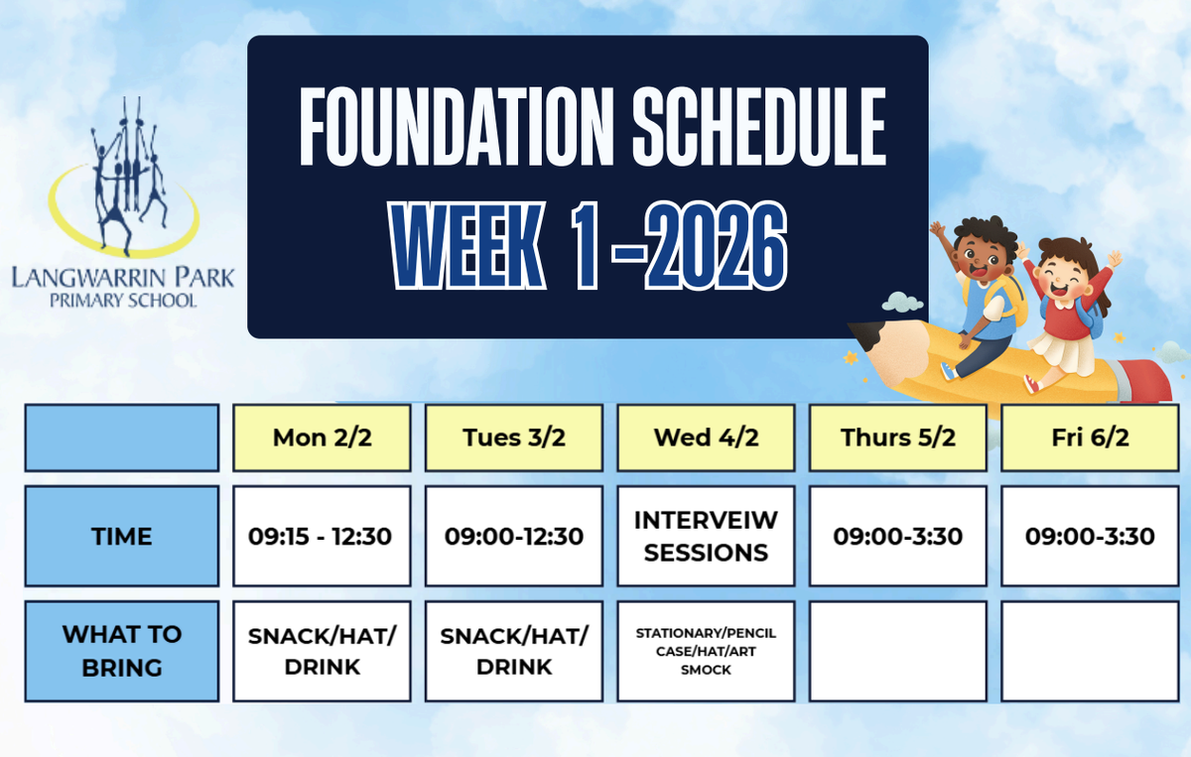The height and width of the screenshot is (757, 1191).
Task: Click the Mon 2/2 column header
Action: tap(322, 438)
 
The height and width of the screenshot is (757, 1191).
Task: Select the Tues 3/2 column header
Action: tap(514, 438)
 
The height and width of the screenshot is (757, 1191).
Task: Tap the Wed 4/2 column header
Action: tap(706, 438)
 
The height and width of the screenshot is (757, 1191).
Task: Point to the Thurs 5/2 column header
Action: tap(898, 438)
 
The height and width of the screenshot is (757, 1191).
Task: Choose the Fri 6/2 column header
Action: tap(1090, 438)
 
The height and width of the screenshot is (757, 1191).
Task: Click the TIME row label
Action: tap(122, 536)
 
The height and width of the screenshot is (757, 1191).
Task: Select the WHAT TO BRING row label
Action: tap(122, 651)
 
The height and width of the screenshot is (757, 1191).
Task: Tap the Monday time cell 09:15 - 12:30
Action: tap(322, 536)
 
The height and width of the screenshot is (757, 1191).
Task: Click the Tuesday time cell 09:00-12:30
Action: tap(514, 536)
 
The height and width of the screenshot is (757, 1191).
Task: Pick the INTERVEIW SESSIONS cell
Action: tap(706, 536)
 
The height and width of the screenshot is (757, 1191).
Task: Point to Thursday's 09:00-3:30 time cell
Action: tap(898, 536)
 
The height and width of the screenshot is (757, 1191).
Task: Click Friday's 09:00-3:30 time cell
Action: tap(1090, 536)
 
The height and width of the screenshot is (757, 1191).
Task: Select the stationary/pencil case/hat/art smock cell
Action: tap(706, 651)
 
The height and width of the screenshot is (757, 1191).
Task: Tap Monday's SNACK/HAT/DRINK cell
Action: tap(322, 651)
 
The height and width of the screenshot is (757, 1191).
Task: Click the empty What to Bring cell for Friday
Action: tap(1090, 651)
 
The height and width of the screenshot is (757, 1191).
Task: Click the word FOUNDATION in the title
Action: tap(457, 127)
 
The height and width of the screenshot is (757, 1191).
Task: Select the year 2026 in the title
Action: tap(716, 246)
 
